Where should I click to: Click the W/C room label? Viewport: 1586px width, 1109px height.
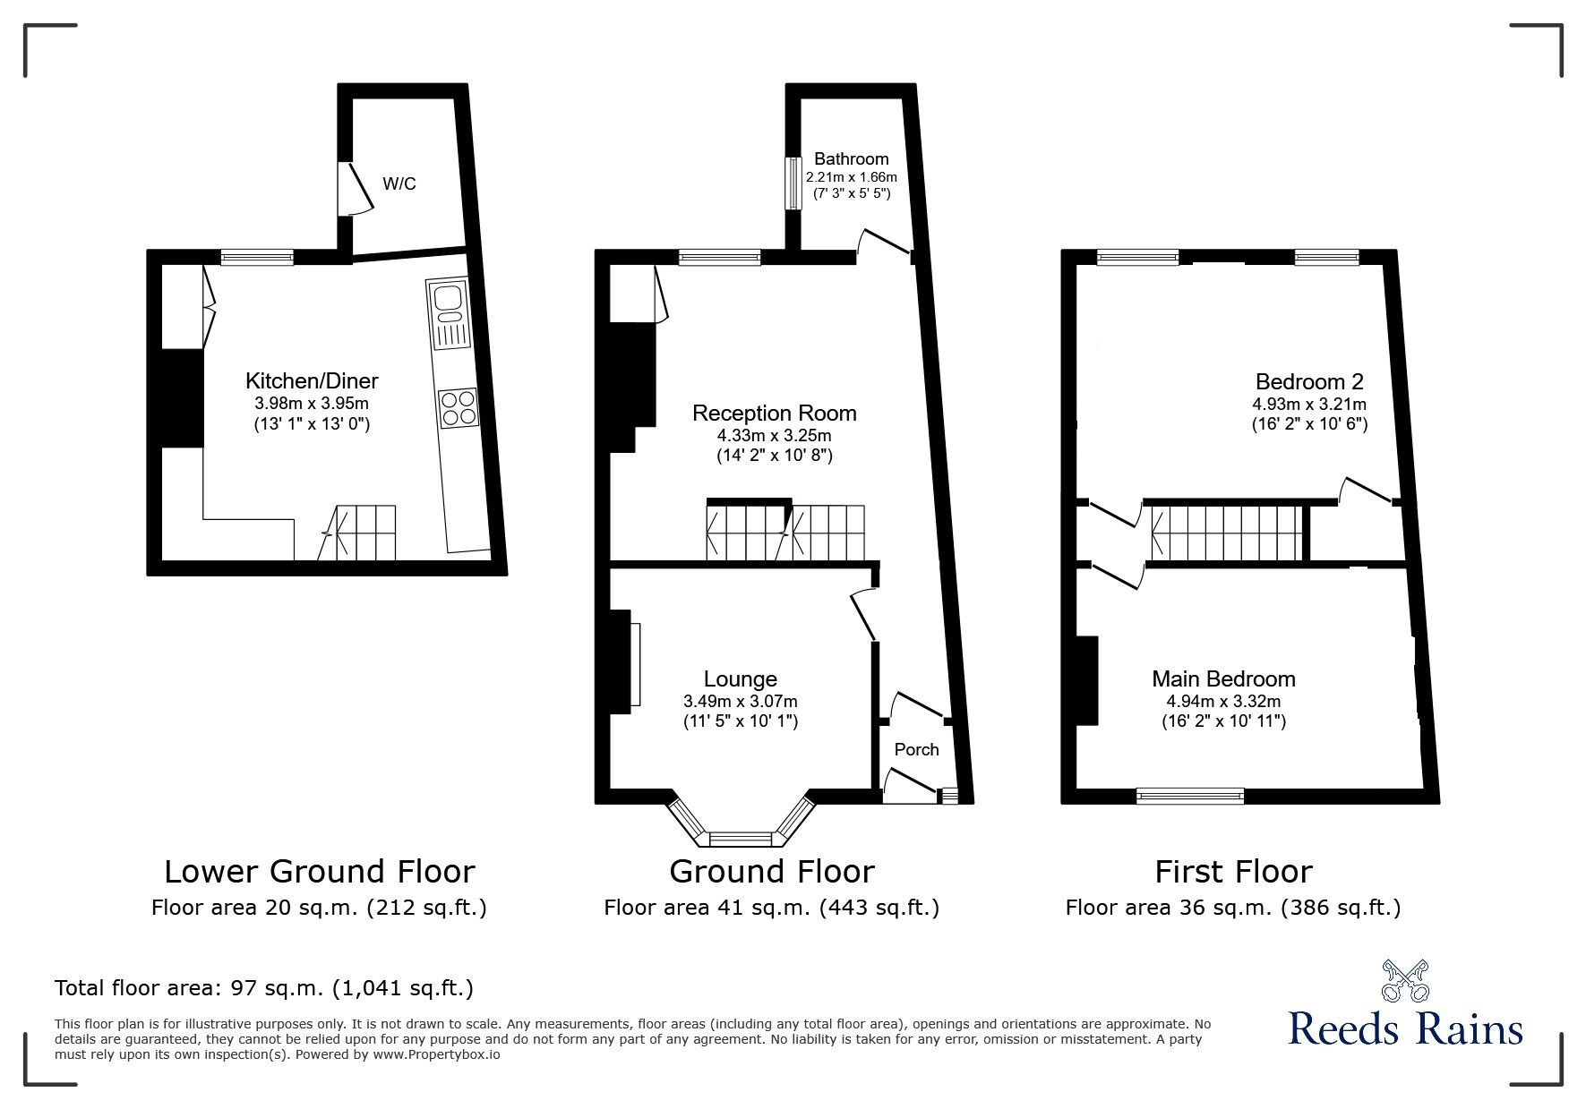[x=399, y=184]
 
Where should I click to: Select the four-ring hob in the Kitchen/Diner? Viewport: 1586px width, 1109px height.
[x=458, y=407]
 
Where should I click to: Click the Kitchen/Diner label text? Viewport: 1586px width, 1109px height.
[x=312, y=380]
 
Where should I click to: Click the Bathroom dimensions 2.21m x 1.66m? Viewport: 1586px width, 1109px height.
[x=851, y=177]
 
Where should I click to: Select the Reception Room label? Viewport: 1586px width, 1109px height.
[x=774, y=413]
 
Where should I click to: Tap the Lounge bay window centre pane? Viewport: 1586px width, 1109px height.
[x=741, y=839]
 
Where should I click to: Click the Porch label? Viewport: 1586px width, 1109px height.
[x=917, y=749]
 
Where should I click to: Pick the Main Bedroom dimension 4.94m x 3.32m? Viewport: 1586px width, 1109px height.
[x=1223, y=701]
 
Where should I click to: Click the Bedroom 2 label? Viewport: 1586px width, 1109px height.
[x=1308, y=381]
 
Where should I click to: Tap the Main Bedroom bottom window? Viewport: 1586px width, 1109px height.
[x=1190, y=794]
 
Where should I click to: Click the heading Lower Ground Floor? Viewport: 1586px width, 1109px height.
[x=319, y=871]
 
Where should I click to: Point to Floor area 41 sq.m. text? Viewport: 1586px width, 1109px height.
[x=771, y=908]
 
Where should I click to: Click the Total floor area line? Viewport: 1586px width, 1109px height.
[x=263, y=988]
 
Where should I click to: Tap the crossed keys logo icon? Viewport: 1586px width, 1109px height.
[x=1405, y=980]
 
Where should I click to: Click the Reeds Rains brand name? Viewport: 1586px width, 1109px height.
[x=1405, y=1028]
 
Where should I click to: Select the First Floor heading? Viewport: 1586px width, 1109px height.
[x=1233, y=871]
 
